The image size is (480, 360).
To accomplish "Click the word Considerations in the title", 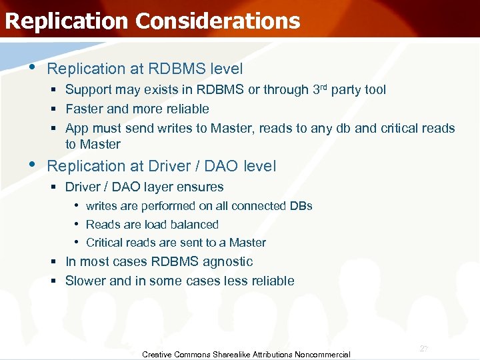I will (217, 21).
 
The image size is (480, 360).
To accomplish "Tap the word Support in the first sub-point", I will (89, 89).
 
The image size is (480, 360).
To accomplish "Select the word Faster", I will (84, 109).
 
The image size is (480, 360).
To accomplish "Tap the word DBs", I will (301, 206).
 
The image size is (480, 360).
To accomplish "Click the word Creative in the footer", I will (157, 355).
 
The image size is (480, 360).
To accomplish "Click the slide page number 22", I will (423, 349).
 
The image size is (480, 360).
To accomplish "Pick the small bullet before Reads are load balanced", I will (77, 224).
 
